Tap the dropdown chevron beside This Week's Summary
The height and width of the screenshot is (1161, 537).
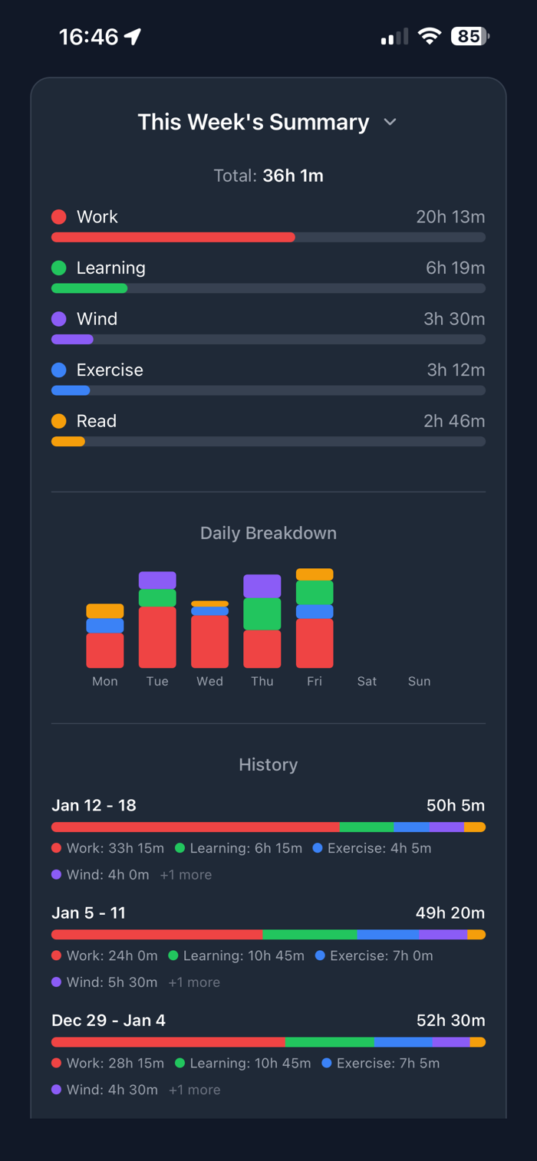point(390,122)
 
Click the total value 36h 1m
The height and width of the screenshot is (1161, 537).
point(293,176)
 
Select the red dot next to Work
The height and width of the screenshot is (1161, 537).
point(59,217)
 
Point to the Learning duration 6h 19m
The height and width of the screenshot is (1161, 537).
point(455,268)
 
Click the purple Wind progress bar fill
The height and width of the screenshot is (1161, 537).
point(72,339)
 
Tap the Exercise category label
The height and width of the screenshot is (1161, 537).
point(110,370)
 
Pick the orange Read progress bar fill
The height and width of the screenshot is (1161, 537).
point(68,441)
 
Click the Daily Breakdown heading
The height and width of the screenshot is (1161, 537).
point(268,533)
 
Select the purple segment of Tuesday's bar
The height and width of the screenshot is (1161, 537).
point(157,580)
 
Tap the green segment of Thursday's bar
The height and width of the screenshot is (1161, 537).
point(262,613)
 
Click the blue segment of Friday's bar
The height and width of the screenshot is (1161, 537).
point(315,612)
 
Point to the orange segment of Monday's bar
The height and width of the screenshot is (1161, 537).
point(105,611)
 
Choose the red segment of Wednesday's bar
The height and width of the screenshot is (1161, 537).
point(209,642)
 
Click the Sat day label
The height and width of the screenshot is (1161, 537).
point(367,681)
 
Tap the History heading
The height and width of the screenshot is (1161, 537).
point(268,765)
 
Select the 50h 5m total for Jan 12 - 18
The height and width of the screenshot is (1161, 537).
point(456,805)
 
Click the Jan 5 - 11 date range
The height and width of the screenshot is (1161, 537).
point(88,913)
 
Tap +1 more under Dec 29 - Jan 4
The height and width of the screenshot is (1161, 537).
point(194,1090)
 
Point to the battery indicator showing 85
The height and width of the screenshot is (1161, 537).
point(469,36)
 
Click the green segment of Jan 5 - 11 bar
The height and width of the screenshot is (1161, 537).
point(309,935)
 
